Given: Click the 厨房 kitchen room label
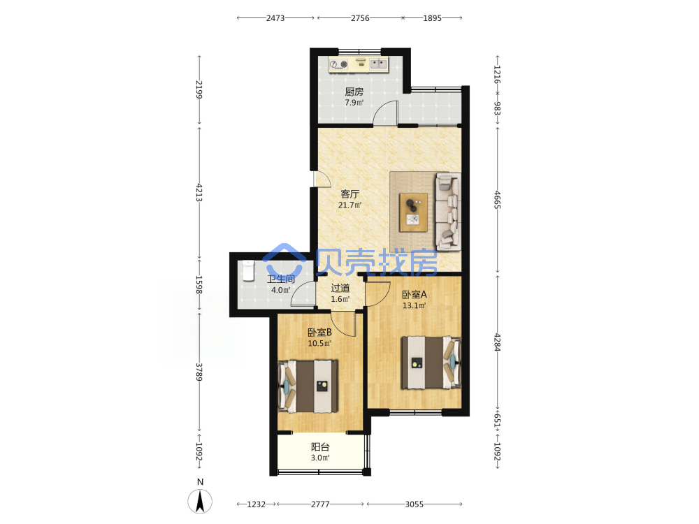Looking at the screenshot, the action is [x=354, y=92].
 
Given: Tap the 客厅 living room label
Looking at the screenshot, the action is [x=349, y=194].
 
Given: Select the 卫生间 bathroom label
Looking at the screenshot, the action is [x=281, y=279].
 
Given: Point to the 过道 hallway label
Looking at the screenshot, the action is [x=340, y=289].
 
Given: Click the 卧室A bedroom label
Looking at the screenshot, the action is [x=414, y=295].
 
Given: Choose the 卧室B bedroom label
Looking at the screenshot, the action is [x=319, y=333].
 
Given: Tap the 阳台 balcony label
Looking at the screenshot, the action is [x=320, y=447].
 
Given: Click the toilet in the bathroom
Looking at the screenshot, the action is [x=248, y=271].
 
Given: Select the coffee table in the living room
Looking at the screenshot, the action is [x=413, y=212].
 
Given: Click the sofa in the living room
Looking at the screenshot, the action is [x=448, y=212].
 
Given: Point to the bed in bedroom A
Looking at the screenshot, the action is [x=431, y=363].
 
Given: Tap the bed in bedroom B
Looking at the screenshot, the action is [x=308, y=386].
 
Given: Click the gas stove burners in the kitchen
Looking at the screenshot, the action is [x=339, y=64].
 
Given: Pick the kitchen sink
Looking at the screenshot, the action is [x=378, y=64].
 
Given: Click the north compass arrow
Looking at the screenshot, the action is [x=200, y=501].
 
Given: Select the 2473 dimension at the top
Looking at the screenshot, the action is [x=275, y=18].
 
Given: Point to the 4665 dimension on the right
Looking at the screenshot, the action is [x=498, y=200].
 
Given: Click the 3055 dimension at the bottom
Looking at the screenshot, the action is [x=414, y=504].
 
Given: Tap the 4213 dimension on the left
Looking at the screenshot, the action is [x=199, y=193].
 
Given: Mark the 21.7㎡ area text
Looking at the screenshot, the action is [x=349, y=205].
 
